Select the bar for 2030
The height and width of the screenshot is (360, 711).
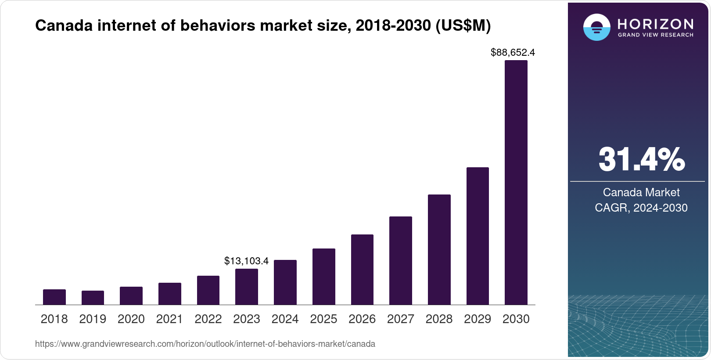tap(516, 182)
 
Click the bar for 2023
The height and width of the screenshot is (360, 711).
tap(247, 287)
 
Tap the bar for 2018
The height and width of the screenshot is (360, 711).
tap(54, 297)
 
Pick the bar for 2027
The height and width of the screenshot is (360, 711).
tap(401, 260)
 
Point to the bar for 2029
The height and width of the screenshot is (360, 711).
tap(478, 236)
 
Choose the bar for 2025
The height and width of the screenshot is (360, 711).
tap(324, 277)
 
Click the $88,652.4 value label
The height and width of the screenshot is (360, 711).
tap(513, 53)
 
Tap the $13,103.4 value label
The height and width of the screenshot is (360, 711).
tap(246, 261)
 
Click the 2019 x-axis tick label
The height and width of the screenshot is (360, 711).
tap(93, 319)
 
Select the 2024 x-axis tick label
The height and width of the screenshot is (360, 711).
tap(285, 319)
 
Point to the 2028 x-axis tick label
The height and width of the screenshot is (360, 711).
tap(439, 319)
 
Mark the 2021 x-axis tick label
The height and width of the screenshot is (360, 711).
tap(169, 319)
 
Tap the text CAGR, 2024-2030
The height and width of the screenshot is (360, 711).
tap(641, 208)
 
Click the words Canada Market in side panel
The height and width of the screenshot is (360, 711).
tap(641, 192)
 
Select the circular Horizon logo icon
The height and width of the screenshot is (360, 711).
tap(596, 27)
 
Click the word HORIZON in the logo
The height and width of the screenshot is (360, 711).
tap(655, 24)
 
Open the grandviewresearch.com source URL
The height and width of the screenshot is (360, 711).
tap(205, 344)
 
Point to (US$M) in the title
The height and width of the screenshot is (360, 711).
tap(463, 26)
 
